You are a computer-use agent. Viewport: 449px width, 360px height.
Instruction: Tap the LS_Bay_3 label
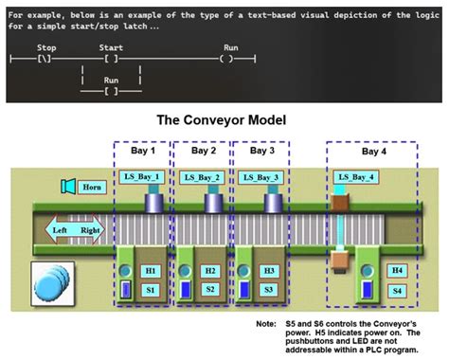tap(260, 177)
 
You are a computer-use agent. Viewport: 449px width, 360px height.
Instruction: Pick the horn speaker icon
tap(67, 186)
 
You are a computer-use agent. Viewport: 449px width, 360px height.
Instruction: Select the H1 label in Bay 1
tap(151, 272)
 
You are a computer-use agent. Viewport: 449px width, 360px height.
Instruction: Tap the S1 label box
tap(151, 288)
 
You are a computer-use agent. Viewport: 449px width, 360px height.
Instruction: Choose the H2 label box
tap(209, 272)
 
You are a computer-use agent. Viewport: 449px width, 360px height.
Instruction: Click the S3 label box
tap(269, 288)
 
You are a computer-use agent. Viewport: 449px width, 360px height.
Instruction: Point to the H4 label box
tap(397, 272)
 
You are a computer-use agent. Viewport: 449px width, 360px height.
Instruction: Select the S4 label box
tap(397, 289)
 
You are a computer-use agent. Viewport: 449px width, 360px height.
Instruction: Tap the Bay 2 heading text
tap(204, 151)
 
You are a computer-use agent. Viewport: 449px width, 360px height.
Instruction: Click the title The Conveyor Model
tap(224, 120)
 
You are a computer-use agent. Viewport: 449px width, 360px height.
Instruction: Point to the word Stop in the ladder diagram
tap(45, 45)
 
